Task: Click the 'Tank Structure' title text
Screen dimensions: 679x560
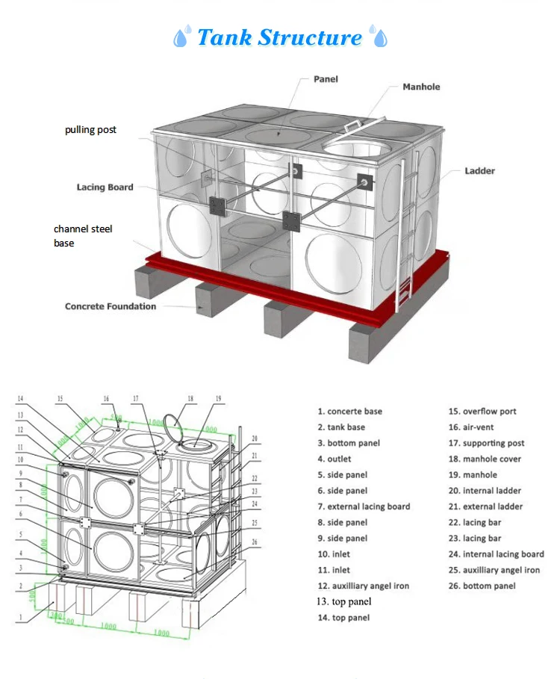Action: tap(279, 37)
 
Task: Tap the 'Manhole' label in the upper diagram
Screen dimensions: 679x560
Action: tap(421, 87)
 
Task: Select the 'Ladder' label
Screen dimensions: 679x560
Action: tap(479, 171)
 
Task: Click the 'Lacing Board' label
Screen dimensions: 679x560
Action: tap(105, 187)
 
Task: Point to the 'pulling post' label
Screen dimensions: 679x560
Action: tap(90, 129)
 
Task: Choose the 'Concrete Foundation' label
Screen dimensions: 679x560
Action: tap(111, 306)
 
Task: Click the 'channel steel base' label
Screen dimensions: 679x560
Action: tap(82, 235)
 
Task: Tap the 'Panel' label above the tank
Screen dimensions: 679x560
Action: tap(326, 78)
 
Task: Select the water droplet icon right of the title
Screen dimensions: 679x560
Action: tap(379, 37)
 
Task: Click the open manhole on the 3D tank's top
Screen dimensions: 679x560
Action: tap(355, 148)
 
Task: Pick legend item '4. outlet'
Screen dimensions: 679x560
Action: tap(334, 459)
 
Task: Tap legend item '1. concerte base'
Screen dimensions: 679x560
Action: tap(349, 411)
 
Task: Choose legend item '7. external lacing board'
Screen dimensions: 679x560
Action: tap(363, 506)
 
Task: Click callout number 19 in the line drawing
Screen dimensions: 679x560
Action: tap(218, 400)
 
